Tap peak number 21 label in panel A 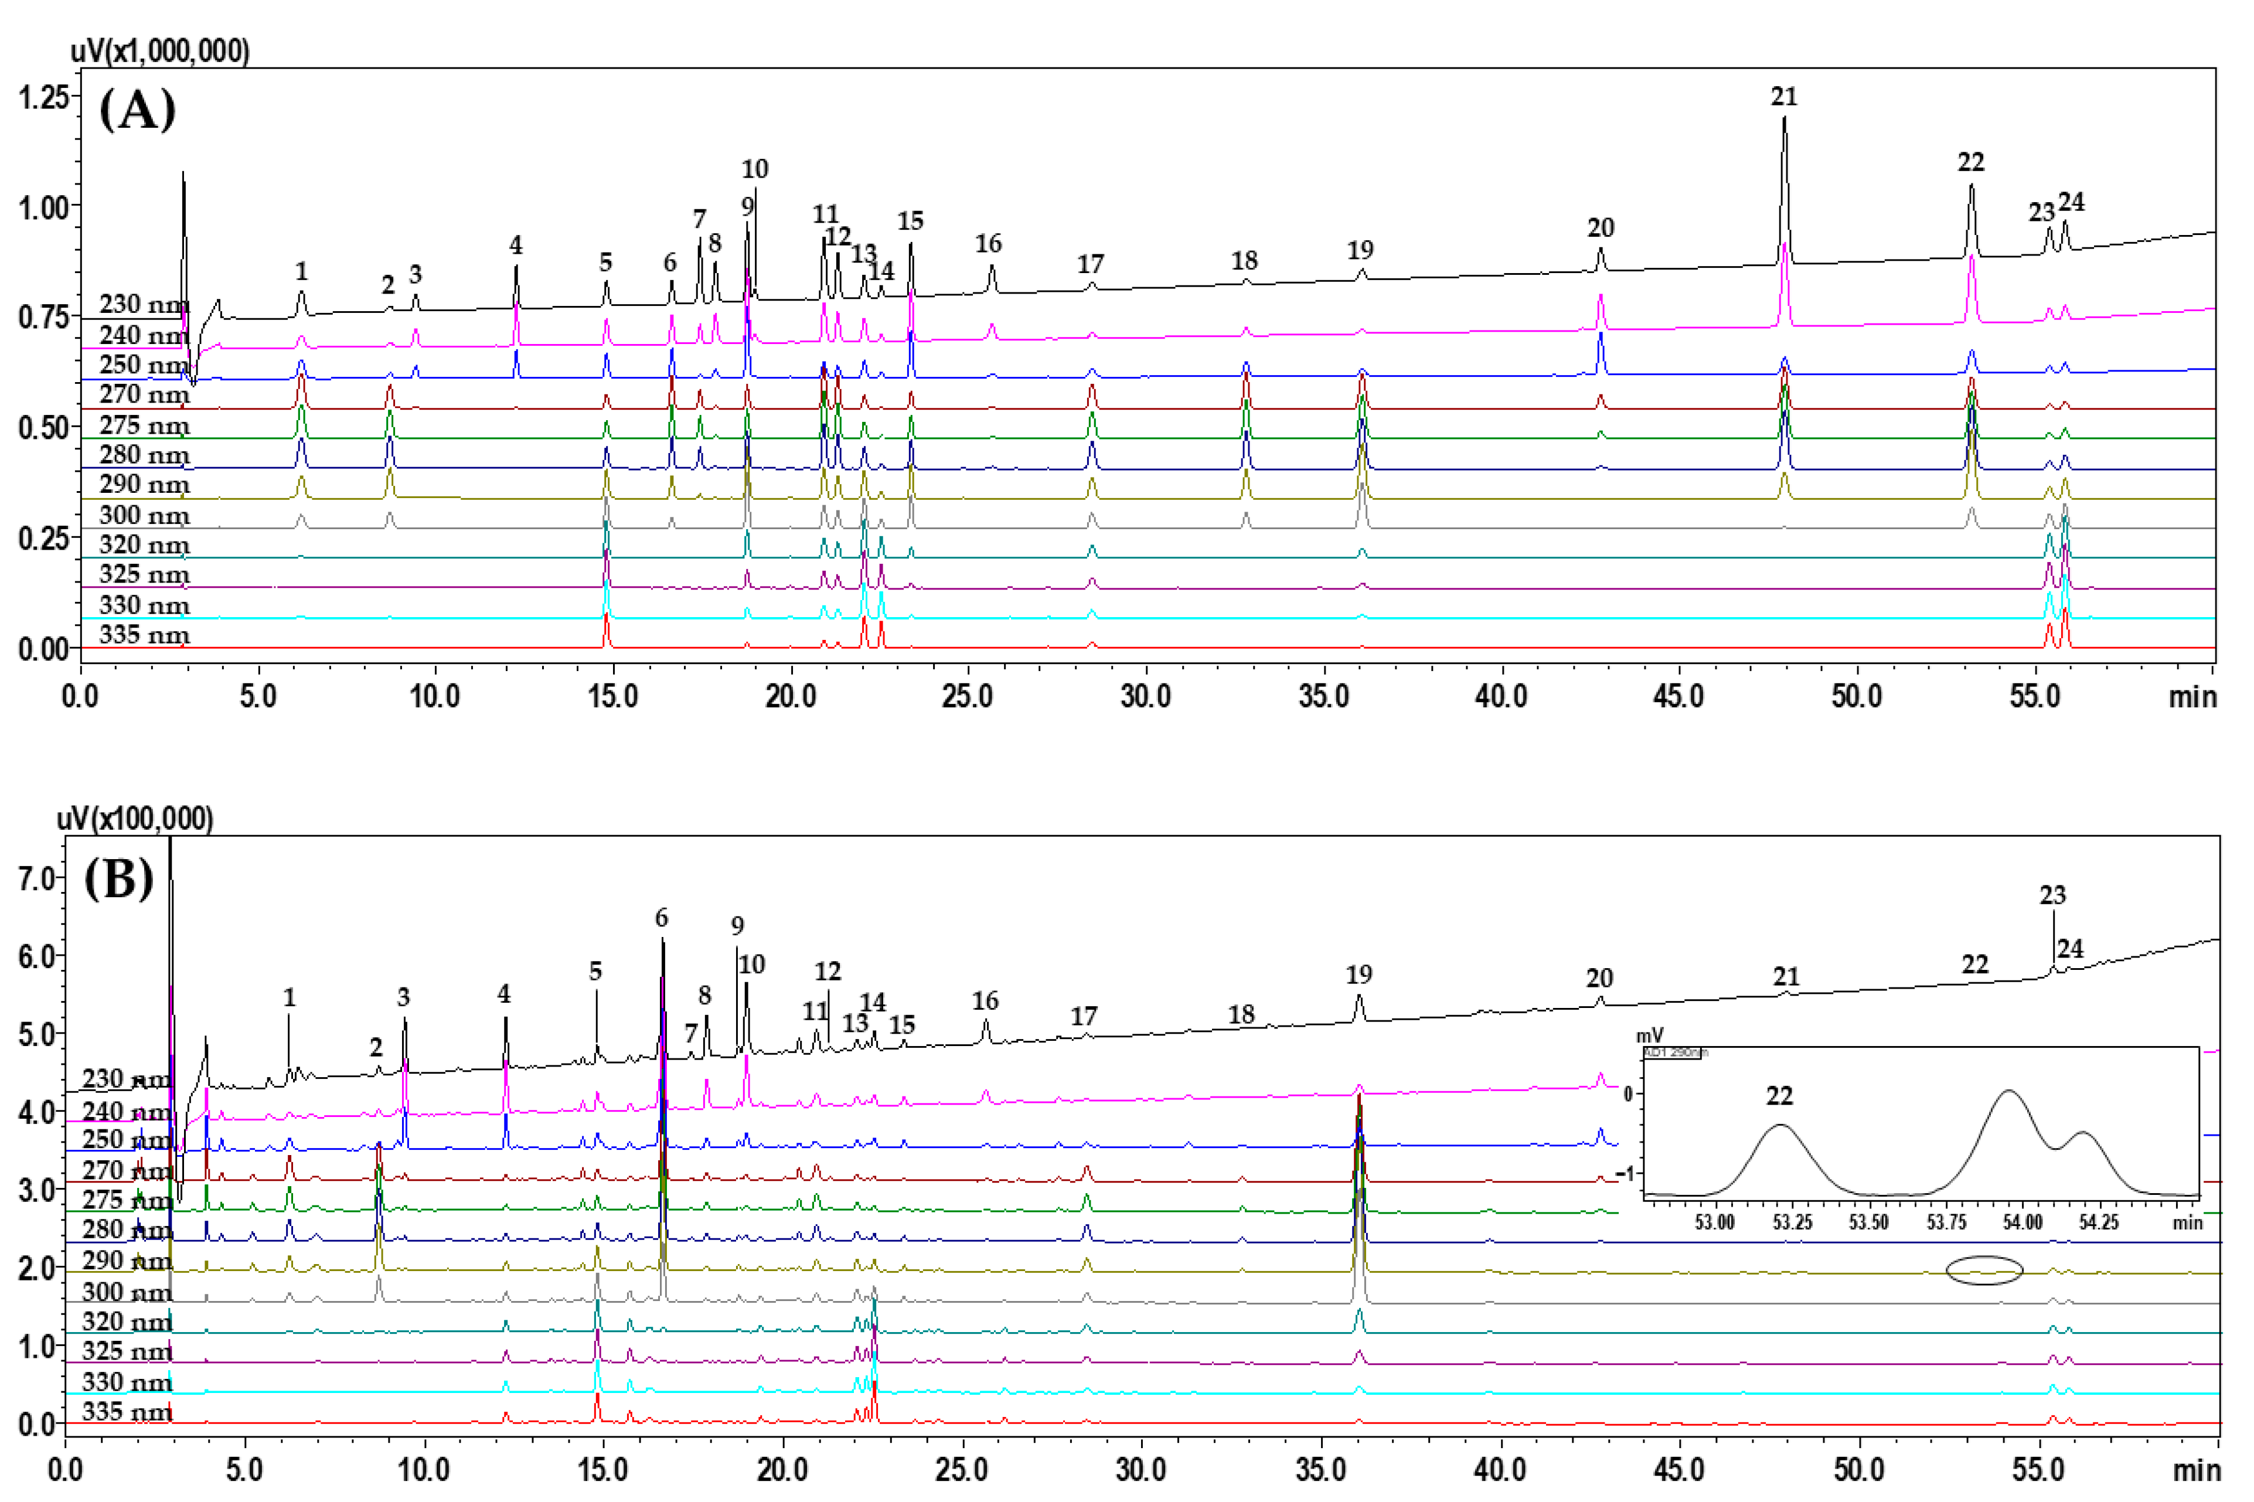(1783, 97)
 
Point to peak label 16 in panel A (989, 244)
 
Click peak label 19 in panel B (1359, 975)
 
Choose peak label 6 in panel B (661, 919)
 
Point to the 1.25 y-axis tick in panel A (44, 97)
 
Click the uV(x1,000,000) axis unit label (160, 51)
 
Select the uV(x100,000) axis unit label (135, 819)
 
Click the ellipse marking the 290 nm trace (1984, 1270)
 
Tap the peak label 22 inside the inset (1779, 1096)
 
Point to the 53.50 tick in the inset (1868, 1223)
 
